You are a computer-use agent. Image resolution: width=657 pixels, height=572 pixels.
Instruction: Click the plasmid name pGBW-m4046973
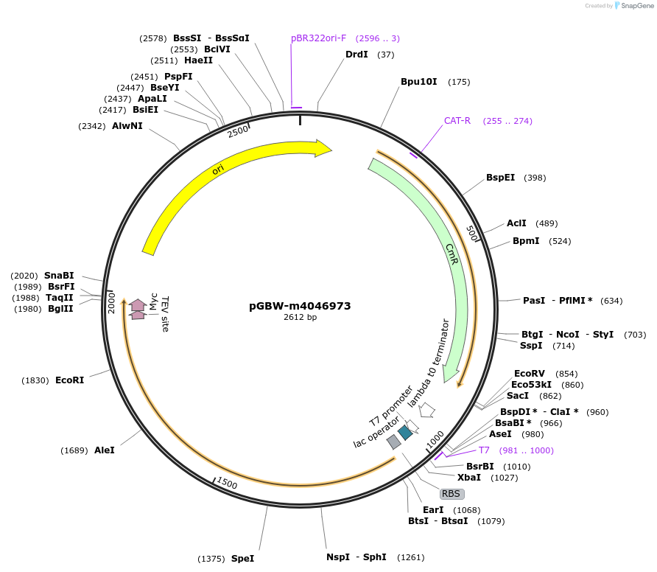coord(300,306)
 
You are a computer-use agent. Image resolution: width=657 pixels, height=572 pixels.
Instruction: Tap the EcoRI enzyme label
coord(69,380)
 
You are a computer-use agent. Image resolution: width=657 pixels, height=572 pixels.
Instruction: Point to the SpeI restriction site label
coord(242,559)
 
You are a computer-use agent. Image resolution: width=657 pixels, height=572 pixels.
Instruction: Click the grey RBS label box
coord(452,494)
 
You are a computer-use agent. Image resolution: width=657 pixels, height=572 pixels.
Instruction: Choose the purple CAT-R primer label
coord(457,121)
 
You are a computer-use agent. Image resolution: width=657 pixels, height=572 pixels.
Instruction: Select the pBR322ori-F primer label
coord(318,38)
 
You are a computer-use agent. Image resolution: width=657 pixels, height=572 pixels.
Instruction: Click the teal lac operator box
coord(405,433)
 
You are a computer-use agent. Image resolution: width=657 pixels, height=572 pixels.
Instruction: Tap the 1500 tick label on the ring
coord(227,483)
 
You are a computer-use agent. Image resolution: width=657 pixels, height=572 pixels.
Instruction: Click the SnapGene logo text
coord(636,5)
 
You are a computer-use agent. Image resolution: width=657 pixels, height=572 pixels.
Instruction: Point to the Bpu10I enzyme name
coord(418,81)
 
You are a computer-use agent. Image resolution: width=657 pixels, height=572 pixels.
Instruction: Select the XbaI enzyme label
coord(469,477)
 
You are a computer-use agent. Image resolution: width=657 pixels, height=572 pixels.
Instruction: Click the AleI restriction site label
coord(105,450)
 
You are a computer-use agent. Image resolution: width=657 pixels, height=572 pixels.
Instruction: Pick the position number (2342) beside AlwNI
coord(92,126)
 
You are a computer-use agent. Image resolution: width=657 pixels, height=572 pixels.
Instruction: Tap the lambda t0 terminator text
coord(428,363)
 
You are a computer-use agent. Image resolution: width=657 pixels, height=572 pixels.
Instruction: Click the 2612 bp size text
coord(300,317)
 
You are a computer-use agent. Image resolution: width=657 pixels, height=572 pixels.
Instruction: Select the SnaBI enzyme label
coord(59,276)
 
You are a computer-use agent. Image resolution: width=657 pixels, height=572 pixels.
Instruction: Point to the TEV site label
coord(165,314)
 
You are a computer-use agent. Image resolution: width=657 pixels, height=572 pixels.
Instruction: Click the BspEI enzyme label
coord(500,178)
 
